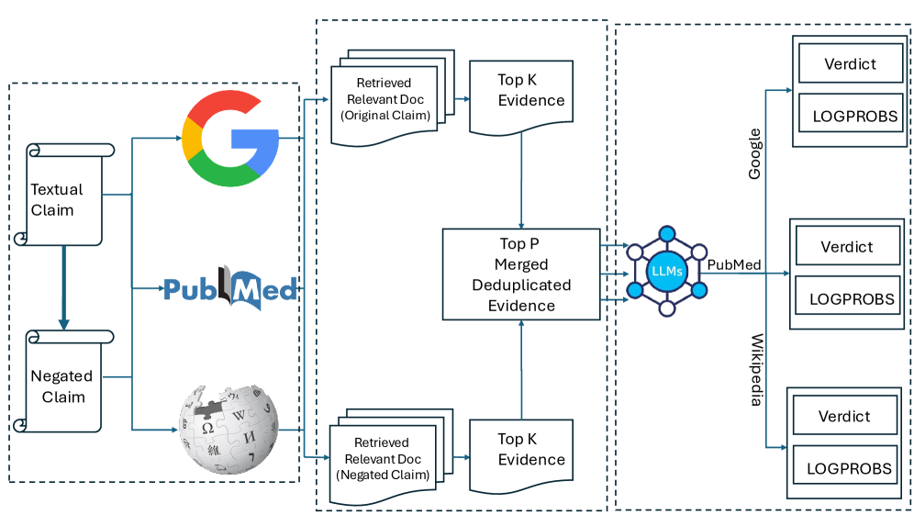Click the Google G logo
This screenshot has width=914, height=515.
[229, 139]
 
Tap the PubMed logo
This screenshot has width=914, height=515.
[230, 289]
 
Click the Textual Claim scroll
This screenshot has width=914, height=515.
[62, 196]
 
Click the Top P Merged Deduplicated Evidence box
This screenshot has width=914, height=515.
[520, 274]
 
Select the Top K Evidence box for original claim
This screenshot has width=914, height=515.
[521, 95]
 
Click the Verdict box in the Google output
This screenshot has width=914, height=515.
[850, 64]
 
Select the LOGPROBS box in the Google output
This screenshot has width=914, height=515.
[850, 117]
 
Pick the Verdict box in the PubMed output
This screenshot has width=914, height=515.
[846, 247]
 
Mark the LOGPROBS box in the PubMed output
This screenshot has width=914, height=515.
[846, 298]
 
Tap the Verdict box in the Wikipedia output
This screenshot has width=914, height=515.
[844, 416]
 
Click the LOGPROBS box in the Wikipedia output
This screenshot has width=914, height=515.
[844, 468]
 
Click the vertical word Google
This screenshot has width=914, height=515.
[755, 153]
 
